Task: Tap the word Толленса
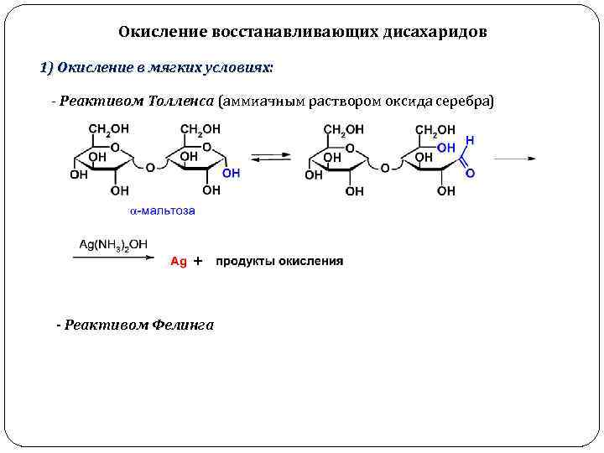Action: [x=180, y=101]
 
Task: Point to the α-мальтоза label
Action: [x=162, y=211]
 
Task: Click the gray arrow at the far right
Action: [x=514, y=157]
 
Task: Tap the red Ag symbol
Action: [x=179, y=262]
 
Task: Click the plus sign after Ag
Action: [x=198, y=262]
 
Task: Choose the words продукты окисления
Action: [x=279, y=262]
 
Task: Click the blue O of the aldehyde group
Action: [x=469, y=174]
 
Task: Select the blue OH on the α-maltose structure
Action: [x=232, y=174]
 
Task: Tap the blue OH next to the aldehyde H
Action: [x=446, y=147]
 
